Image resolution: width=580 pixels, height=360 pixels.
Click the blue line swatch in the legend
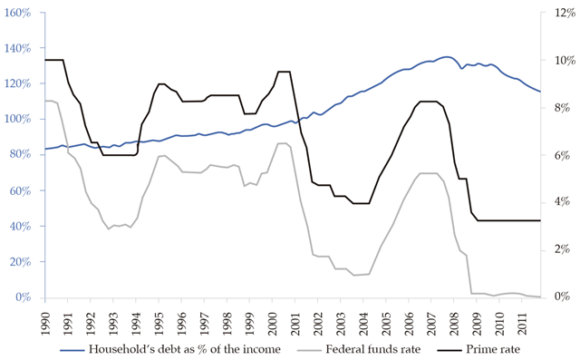tap(73, 349)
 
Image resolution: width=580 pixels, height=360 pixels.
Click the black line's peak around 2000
tap(283, 72)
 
